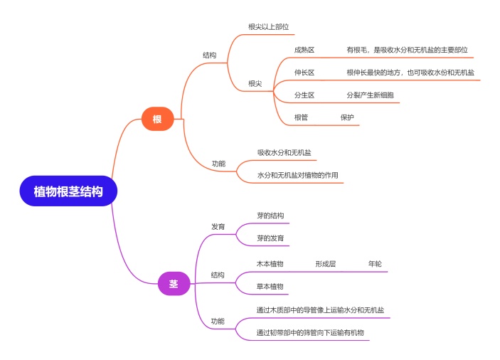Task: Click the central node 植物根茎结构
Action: coord(68,191)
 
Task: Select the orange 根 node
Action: coord(157,120)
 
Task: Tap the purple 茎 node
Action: coord(174,283)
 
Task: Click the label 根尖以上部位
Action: coord(268,27)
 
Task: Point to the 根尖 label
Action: coord(255,84)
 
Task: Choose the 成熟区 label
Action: coord(304,51)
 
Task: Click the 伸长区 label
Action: coord(304,73)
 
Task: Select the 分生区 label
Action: coord(304,95)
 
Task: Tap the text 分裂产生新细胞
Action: coord(370,95)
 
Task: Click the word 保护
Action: coord(347,117)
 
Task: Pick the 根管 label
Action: coord(302,117)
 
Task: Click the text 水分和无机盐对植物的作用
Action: coord(298,175)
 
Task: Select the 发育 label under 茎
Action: coord(218,226)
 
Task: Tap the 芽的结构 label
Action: coord(270,216)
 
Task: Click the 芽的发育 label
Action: coord(270,238)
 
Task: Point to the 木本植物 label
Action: coord(270,264)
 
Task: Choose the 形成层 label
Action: coord(326,264)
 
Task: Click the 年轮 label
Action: coord(375,264)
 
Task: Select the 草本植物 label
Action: coord(270,287)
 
